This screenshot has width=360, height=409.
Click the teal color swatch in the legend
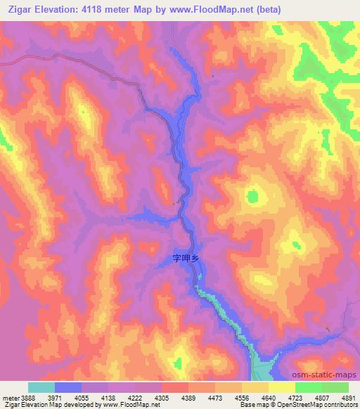41,387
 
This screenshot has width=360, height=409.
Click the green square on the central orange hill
252,196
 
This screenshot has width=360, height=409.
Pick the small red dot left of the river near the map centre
174,204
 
